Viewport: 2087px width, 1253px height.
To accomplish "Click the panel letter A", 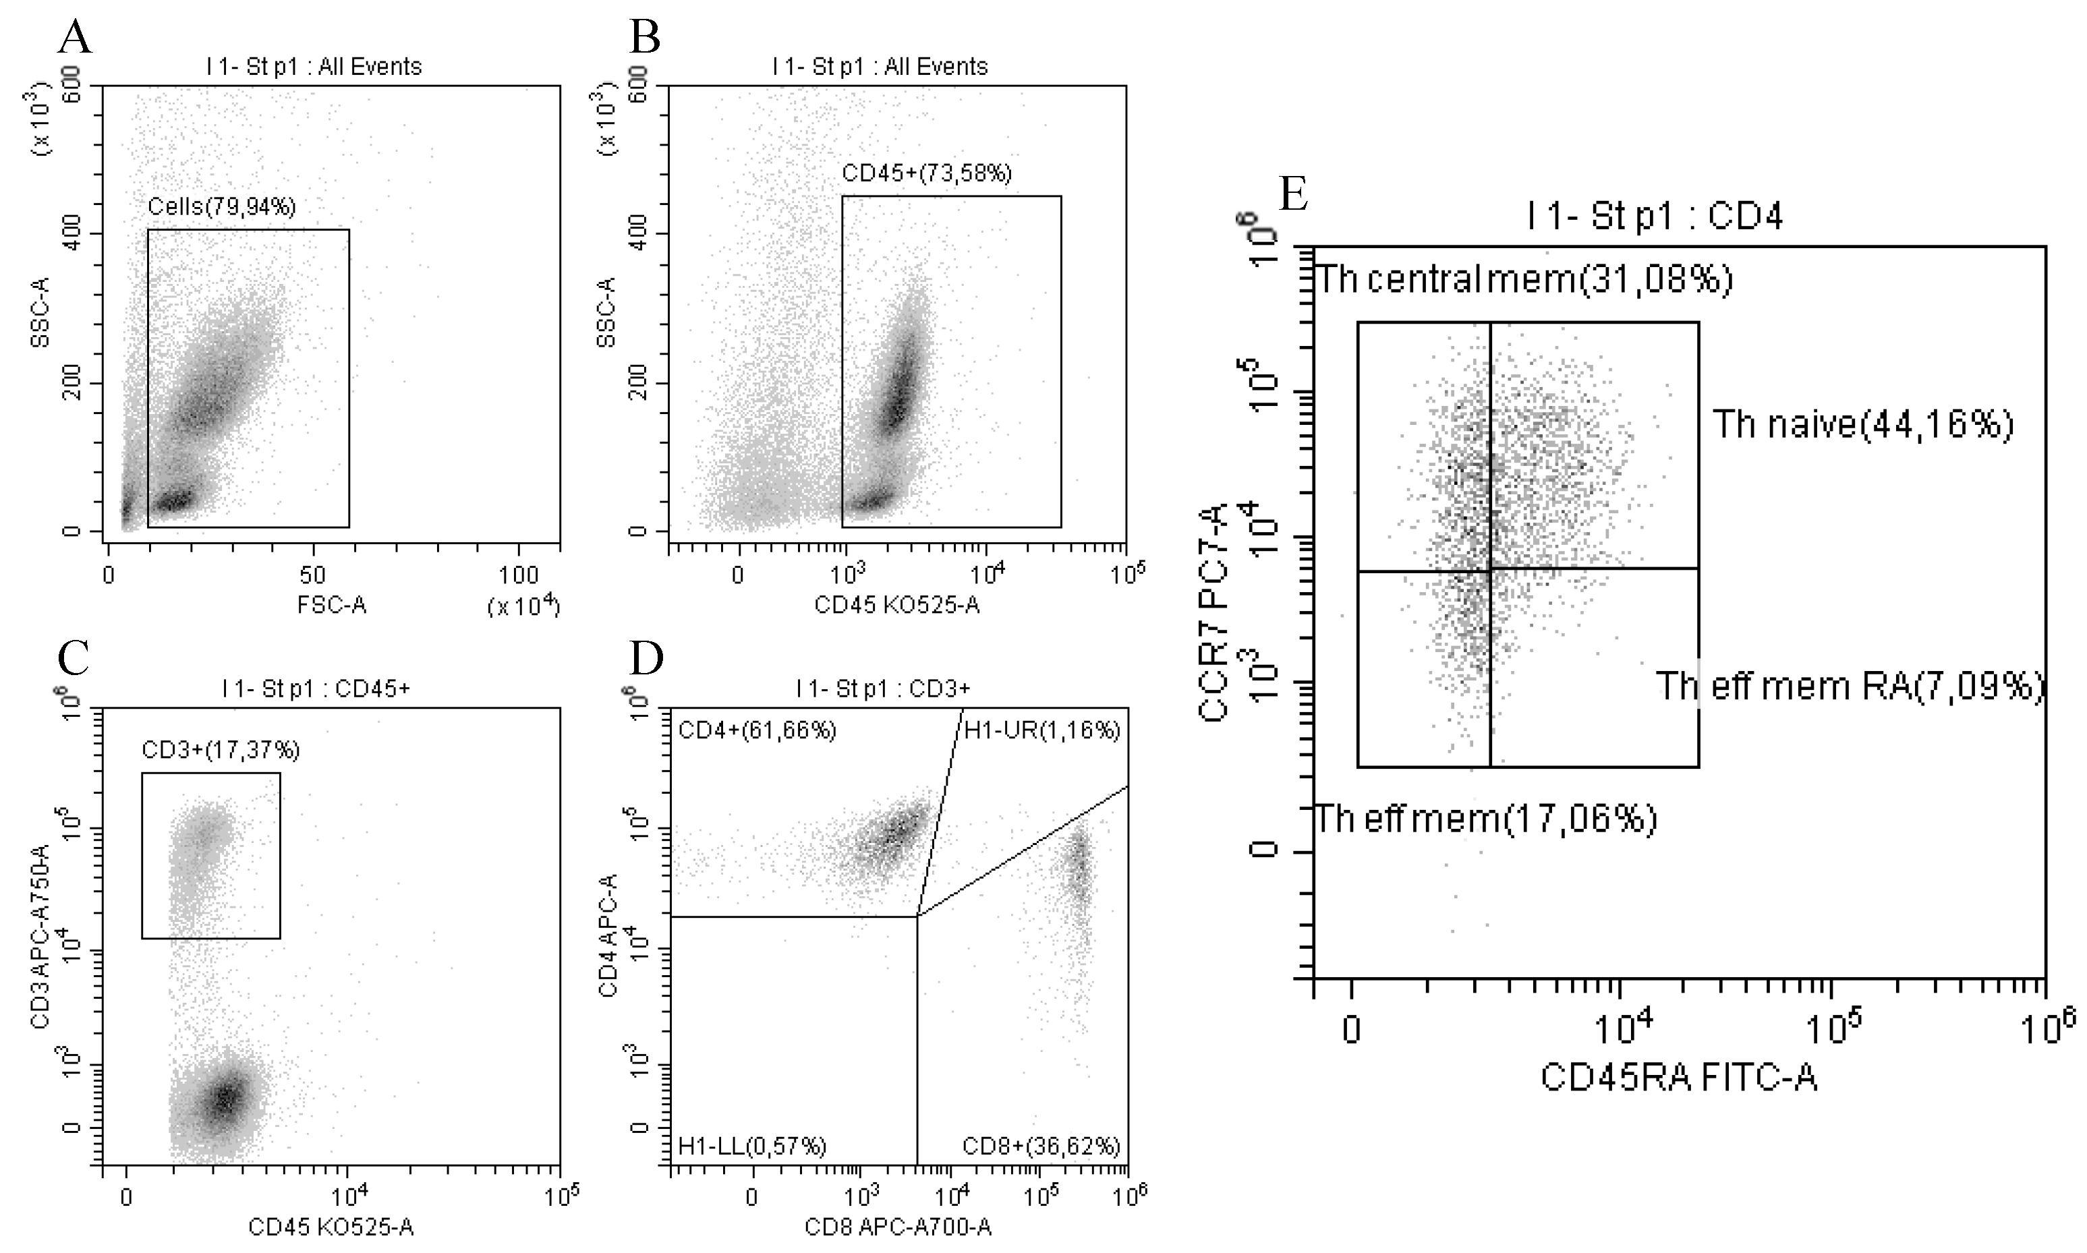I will (x=75, y=38).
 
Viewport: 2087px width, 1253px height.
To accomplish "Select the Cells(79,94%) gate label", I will (x=222, y=207).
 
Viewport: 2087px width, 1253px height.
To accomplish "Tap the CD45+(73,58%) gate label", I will (x=927, y=174).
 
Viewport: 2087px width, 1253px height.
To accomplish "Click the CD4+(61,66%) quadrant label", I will (x=757, y=730).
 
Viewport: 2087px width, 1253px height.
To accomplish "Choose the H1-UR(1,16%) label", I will (x=1041, y=730).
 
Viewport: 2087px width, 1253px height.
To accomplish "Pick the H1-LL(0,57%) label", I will (x=752, y=1146).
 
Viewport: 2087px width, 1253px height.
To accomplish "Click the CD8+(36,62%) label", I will (x=1041, y=1146).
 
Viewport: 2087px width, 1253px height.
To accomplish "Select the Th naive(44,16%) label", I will (x=1862, y=425).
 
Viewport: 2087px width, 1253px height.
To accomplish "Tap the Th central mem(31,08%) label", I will (x=1524, y=279).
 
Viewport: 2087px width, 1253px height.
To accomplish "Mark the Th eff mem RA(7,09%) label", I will (x=1849, y=687).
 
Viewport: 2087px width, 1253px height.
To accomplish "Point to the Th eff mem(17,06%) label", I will (x=1486, y=819).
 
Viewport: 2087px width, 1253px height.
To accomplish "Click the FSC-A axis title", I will (x=332, y=606).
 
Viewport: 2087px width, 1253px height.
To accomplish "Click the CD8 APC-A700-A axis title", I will (x=897, y=1227).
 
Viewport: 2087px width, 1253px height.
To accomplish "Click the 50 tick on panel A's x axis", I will (x=312, y=576).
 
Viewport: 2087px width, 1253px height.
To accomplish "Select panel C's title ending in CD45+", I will (x=316, y=689).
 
